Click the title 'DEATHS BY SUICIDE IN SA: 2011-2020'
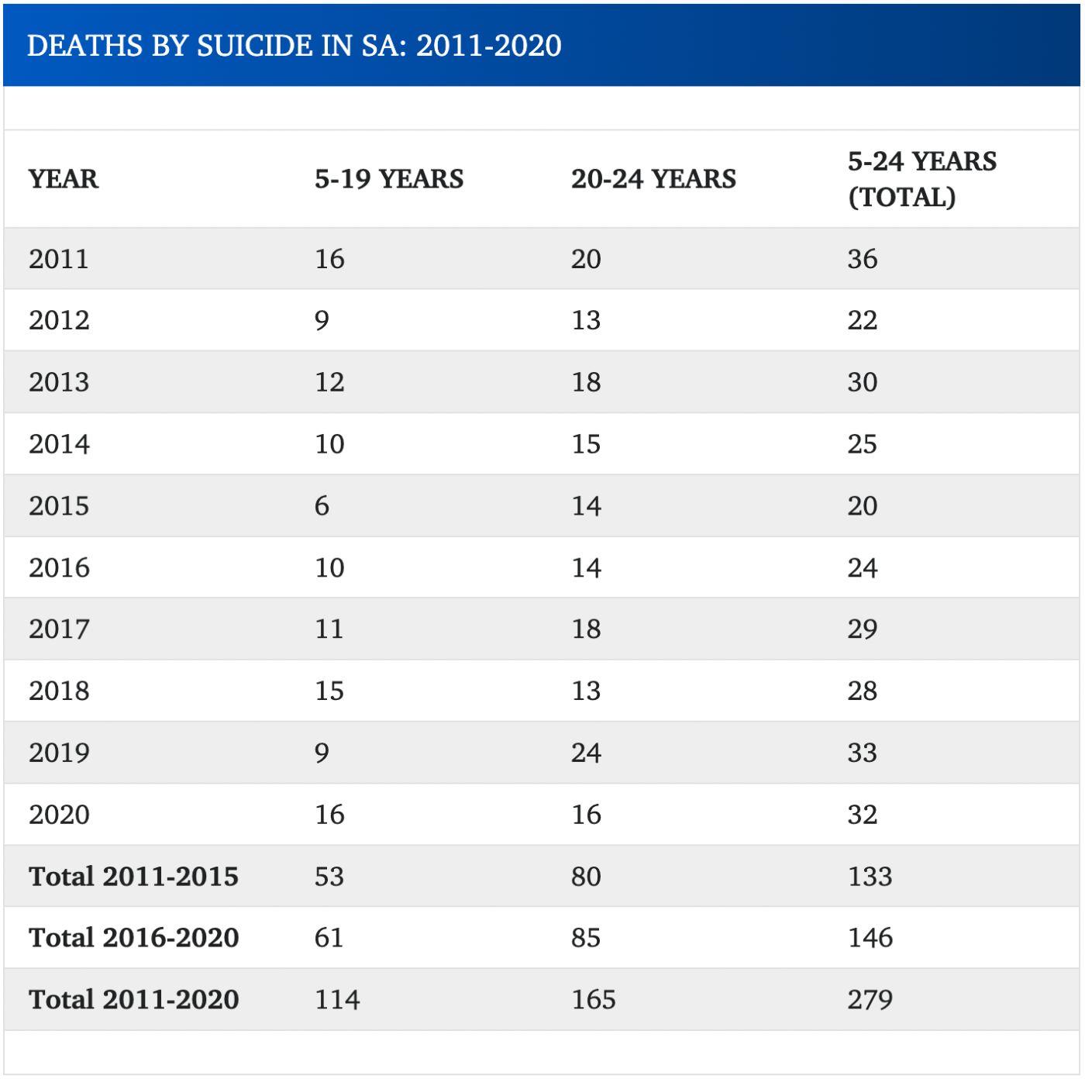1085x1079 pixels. (294, 46)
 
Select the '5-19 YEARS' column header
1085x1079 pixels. (389, 179)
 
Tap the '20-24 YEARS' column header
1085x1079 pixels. (653, 179)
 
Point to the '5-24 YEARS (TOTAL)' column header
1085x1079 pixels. (921, 179)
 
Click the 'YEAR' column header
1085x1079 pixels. (64, 179)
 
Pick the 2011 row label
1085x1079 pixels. (59, 259)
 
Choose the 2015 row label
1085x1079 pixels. (59, 506)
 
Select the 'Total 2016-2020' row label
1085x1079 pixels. (133, 938)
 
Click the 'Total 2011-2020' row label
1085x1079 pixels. (133, 1000)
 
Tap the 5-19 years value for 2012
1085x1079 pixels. (322, 321)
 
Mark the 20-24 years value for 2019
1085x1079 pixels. (586, 753)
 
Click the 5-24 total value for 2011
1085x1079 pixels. (862, 259)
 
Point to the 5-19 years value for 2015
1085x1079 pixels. (322, 506)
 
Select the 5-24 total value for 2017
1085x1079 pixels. (862, 629)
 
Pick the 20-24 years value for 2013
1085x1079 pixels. (586, 382)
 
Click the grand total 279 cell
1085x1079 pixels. (870, 1000)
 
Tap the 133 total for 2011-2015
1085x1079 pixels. (870, 877)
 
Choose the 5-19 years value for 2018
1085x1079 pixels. (329, 691)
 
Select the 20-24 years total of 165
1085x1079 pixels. (594, 1000)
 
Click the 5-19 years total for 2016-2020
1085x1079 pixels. (329, 938)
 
